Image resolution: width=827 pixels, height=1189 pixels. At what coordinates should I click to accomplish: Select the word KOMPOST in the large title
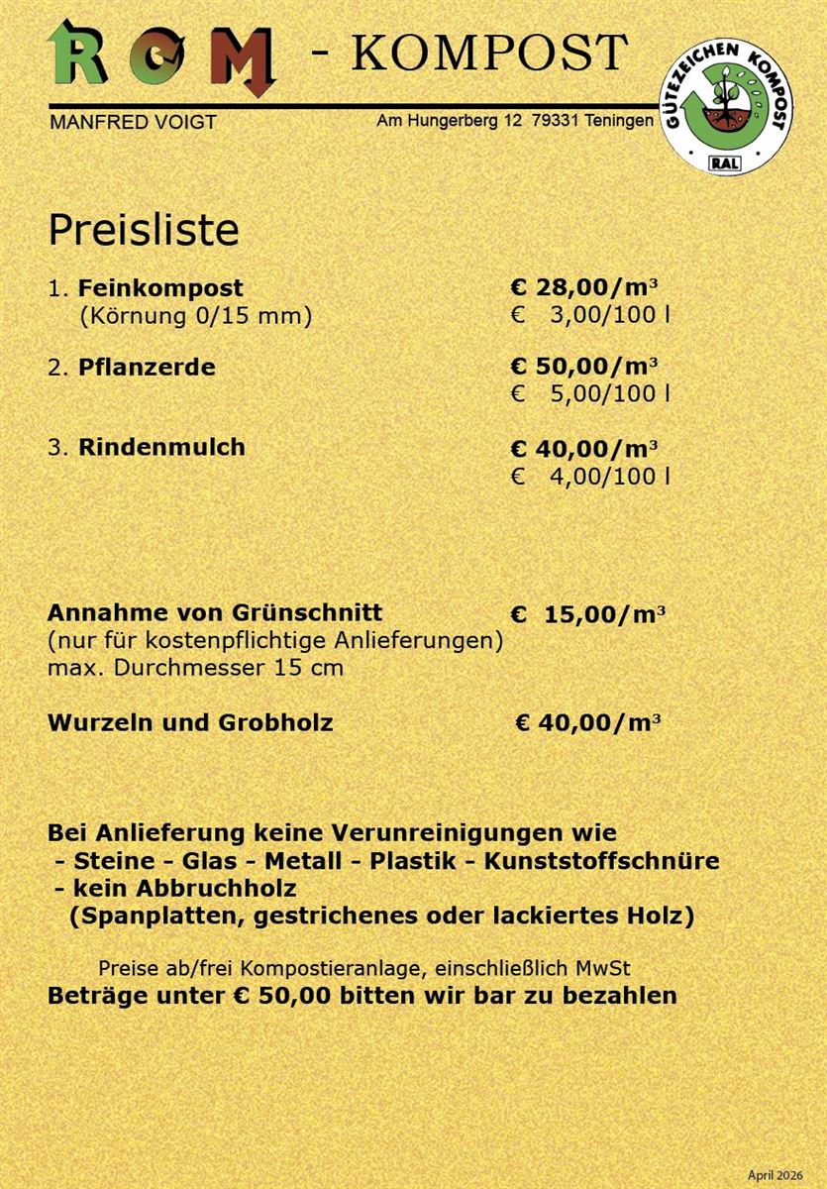pos(489,53)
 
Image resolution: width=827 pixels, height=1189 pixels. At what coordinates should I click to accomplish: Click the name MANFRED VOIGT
pos(132,123)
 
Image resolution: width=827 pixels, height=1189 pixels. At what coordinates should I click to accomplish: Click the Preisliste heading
pos(144,230)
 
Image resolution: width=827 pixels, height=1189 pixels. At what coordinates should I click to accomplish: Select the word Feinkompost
pos(160,288)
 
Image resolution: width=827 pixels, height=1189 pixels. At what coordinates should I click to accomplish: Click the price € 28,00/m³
pos(584,288)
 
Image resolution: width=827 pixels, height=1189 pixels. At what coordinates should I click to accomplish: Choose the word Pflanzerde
pos(147,367)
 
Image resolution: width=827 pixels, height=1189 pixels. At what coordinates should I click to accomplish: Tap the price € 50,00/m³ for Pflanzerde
pos(584,367)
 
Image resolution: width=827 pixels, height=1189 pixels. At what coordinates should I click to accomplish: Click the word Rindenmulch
pos(161,447)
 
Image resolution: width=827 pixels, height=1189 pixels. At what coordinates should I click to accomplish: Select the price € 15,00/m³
pos(588,614)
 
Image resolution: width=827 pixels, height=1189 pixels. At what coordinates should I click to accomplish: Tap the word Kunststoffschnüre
pos(601,860)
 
